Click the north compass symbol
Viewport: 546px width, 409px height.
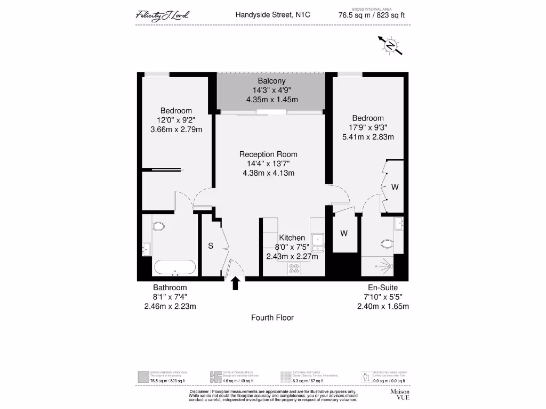coord(390,46)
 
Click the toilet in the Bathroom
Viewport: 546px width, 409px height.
coord(159,226)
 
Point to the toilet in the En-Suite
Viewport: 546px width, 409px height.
coord(387,244)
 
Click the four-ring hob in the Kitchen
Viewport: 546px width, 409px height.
coord(294,268)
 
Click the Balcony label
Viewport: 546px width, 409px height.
coord(271,81)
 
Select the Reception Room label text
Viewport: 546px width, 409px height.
coord(268,154)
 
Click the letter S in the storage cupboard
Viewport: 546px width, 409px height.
coord(211,246)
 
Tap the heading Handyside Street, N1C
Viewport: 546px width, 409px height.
coord(272,15)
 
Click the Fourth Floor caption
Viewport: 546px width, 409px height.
coord(272,317)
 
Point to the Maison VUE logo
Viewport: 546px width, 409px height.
coord(400,395)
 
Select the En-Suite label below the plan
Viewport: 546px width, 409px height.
coord(382,288)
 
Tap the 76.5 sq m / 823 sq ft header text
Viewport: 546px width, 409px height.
coord(372,15)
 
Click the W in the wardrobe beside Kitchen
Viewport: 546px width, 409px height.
coord(344,233)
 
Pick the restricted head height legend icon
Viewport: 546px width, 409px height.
coord(366,377)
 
